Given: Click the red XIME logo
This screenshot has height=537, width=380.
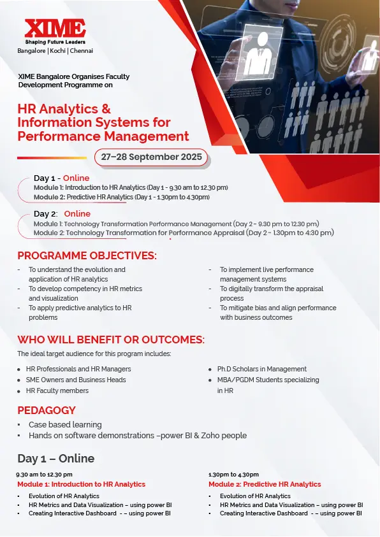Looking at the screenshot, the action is [55, 29].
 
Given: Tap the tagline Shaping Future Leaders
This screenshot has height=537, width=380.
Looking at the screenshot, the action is [55, 42].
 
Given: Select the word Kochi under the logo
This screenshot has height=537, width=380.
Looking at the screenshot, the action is [57, 51].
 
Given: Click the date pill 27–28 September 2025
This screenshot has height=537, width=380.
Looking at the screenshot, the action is [151, 157].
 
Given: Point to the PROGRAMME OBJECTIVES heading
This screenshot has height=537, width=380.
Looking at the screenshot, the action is [87, 256].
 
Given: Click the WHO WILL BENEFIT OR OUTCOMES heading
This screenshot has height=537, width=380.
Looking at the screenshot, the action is [111, 340].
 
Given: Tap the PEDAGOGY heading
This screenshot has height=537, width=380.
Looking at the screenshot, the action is [47, 410].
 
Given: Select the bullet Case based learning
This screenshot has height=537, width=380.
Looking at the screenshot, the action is [65, 425].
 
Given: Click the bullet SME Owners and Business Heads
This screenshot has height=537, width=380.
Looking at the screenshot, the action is [76, 380].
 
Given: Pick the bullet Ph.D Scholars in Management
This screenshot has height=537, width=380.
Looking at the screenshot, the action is [262, 369].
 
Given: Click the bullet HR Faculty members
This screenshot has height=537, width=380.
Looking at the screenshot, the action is [57, 390].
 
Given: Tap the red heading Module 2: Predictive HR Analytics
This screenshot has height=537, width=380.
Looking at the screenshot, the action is [265, 484].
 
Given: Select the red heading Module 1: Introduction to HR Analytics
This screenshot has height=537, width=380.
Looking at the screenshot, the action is [82, 484].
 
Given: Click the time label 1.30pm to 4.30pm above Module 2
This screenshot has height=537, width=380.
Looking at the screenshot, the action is [234, 475].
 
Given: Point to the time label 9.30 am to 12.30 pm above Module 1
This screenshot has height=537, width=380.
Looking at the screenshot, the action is [44, 475].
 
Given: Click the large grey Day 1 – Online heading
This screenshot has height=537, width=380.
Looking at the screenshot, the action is [56, 459].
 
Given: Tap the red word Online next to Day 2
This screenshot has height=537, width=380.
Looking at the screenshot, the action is [77, 213].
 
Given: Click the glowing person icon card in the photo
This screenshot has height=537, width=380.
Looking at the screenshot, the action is [263, 50].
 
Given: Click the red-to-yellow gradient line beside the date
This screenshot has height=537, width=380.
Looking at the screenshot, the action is [52, 158].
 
